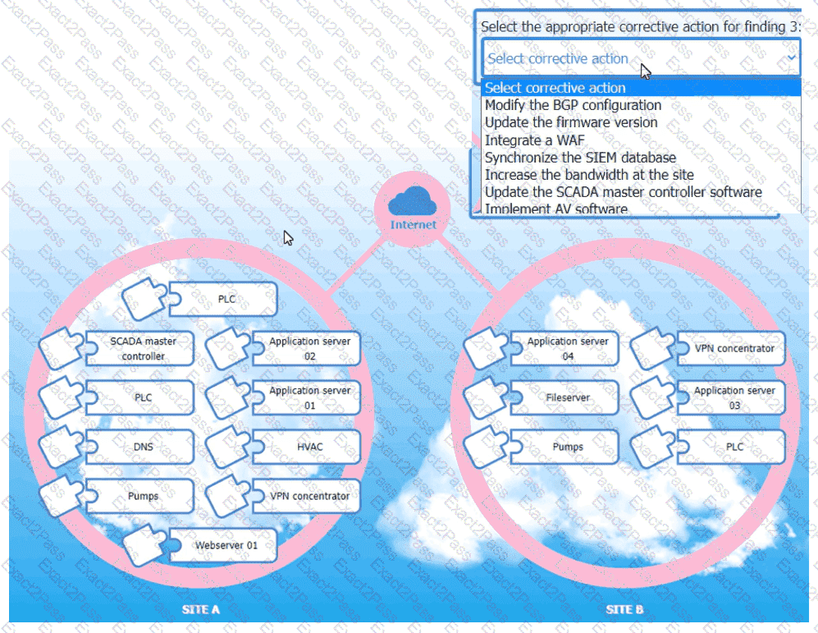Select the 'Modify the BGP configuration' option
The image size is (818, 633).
(573, 105)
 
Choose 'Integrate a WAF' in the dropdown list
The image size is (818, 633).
(534, 140)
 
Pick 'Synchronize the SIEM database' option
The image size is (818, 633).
(580, 158)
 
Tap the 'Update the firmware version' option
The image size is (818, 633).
(571, 122)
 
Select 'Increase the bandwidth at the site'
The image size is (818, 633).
(589, 175)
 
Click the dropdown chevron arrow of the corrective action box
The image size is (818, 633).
(791, 58)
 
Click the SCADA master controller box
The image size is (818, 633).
(143, 348)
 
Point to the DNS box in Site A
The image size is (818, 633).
(143, 447)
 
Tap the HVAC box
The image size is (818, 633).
(309, 447)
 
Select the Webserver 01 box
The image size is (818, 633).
(226, 545)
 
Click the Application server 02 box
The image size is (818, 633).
(309, 348)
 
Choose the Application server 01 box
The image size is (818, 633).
(309, 397)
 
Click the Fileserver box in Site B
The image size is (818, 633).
(568, 397)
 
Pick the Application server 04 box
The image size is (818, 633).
(568, 348)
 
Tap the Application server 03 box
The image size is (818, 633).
(733, 397)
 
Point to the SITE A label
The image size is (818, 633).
(201, 610)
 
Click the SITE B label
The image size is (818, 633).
(624, 610)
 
